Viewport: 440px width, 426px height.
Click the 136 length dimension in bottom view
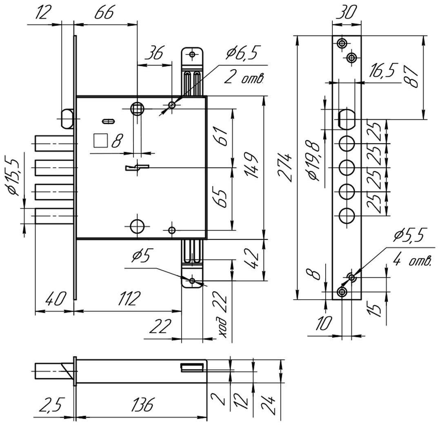coord(142,406)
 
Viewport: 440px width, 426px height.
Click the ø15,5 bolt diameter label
coord(12,175)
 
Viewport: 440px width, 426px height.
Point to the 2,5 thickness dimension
coord(50,406)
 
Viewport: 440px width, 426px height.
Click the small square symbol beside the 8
coord(100,141)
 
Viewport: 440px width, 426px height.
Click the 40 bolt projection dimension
coord(54,299)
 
